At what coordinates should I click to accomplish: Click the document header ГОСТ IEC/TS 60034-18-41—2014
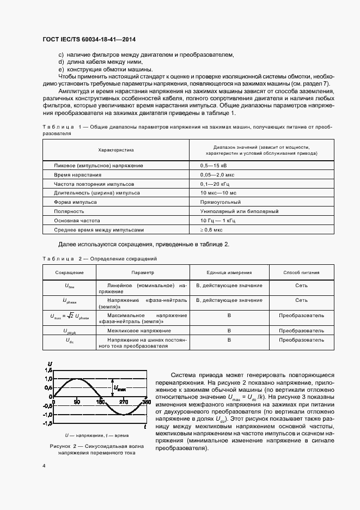(89, 40)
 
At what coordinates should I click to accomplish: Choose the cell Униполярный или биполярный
(232, 211)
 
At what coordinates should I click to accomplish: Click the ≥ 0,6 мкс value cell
(211, 229)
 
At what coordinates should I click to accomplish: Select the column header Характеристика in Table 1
(115, 149)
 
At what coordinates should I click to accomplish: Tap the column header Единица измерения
(229, 272)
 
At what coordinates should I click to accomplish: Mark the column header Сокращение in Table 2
(69, 272)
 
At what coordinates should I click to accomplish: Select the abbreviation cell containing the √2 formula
(69, 316)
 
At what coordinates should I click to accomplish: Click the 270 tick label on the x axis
(124, 402)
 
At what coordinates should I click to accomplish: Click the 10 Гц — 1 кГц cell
(218, 221)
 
